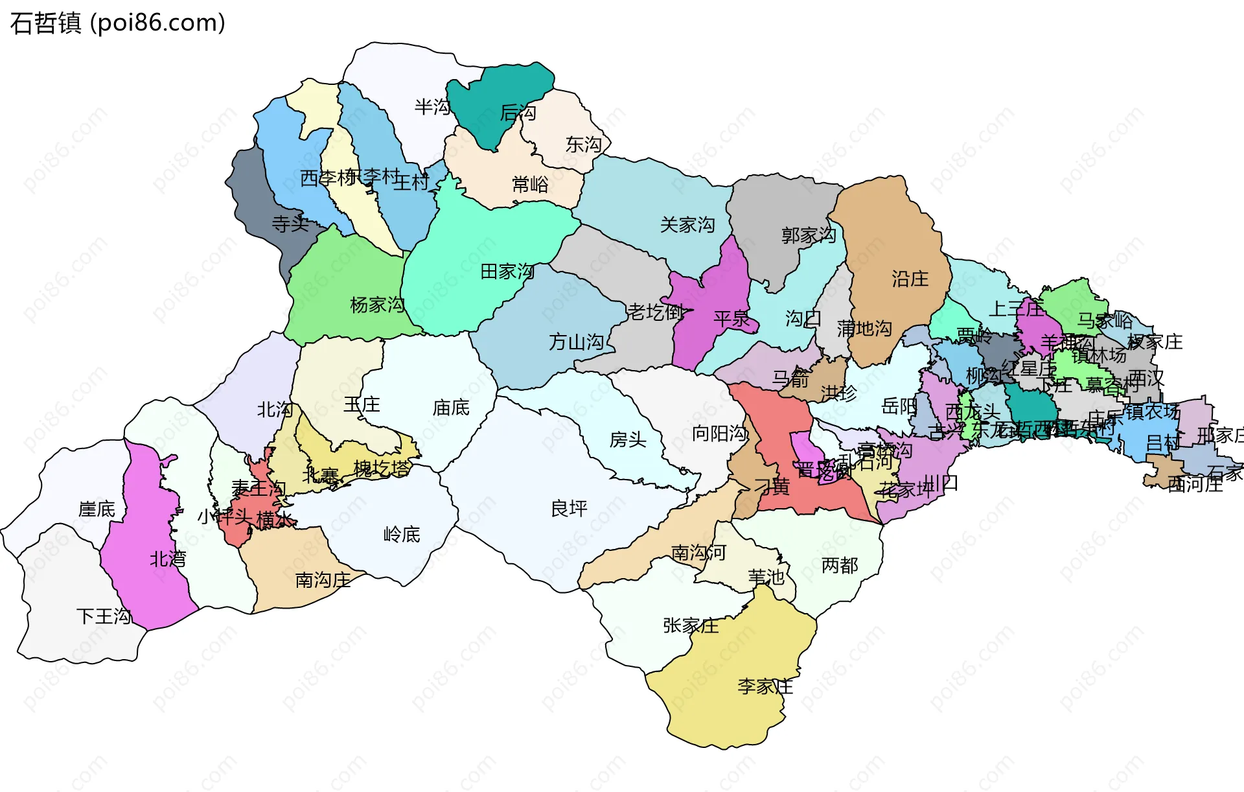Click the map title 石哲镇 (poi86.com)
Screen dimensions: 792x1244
(x=118, y=23)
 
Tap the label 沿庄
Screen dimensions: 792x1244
(x=910, y=279)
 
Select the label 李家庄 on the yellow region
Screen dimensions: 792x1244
(x=765, y=686)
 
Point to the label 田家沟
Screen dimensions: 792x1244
(x=507, y=272)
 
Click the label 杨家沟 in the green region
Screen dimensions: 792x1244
(x=377, y=305)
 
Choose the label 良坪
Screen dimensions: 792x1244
(x=569, y=509)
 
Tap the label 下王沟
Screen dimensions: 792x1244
(x=104, y=616)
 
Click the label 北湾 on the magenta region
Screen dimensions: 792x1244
(x=168, y=559)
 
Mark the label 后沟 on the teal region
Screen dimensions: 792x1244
(x=518, y=113)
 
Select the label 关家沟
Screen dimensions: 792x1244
(x=687, y=225)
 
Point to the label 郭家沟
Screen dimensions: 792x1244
(x=808, y=235)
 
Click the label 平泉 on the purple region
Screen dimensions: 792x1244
(x=731, y=319)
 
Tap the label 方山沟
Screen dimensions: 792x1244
(x=576, y=342)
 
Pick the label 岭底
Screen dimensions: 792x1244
(x=402, y=535)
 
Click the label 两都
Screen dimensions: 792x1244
(x=840, y=566)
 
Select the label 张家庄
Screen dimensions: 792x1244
(x=691, y=625)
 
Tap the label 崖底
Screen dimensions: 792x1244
(x=97, y=509)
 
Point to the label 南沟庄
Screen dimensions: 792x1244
(x=323, y=580)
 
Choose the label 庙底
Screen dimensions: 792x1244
(x=451, y=408)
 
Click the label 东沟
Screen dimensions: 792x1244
(x=583, y=145)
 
